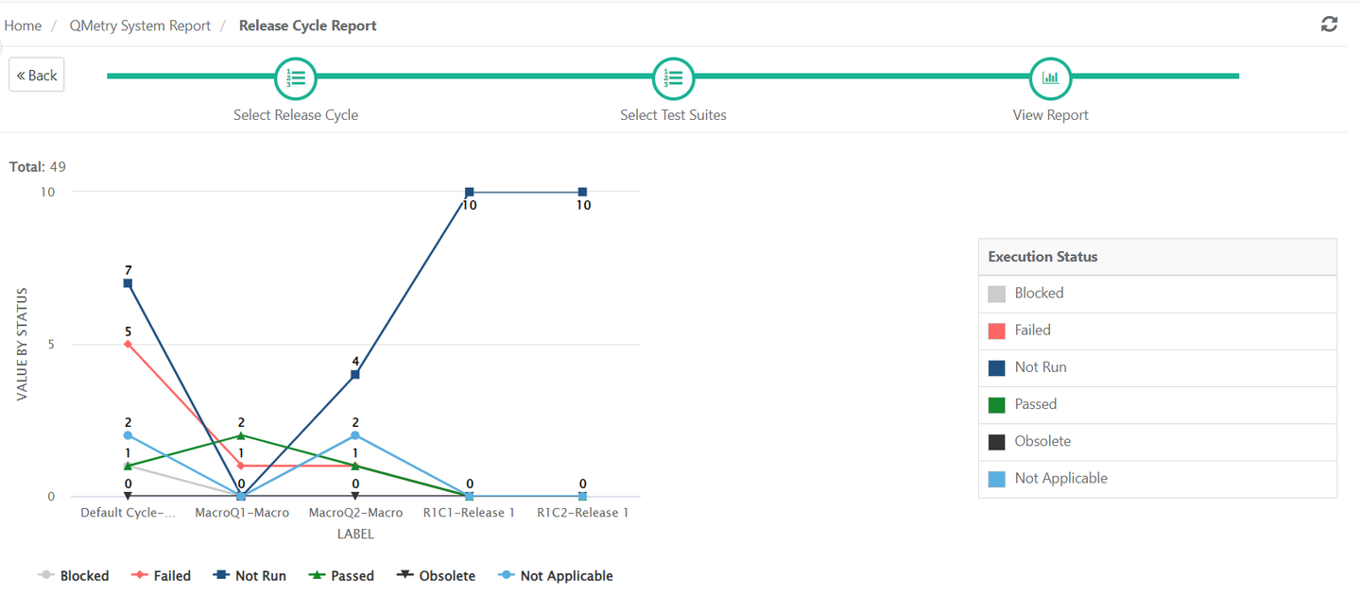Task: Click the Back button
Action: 37,76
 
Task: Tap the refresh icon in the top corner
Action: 1329,25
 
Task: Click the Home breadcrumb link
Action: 23,25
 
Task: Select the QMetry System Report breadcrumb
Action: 140,25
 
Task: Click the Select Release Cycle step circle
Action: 296,78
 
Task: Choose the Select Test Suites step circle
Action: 673,78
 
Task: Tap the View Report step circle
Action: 1050,78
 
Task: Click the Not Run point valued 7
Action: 128,283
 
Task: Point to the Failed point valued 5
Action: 128,344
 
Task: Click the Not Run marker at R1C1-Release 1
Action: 469,193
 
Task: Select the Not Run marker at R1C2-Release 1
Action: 582,193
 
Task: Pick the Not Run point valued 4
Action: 355,375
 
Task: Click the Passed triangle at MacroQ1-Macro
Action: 241,435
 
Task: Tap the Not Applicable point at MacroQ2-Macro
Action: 355,435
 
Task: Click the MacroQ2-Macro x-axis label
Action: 355,513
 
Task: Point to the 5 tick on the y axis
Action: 51,344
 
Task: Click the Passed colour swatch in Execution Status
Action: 996,404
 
